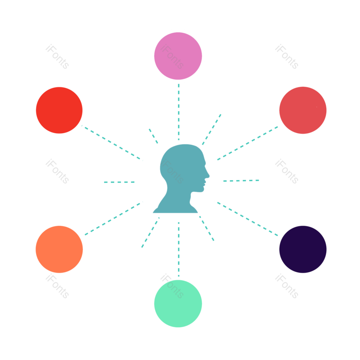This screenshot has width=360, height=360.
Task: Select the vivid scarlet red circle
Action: [x=59, y=110]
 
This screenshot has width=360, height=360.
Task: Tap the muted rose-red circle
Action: [x=302, y=110]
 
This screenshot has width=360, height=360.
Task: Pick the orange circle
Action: [x=59, y=249]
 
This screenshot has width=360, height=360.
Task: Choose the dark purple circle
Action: [x=302, y=249]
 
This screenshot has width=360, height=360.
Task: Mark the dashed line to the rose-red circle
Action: [x=247, y=143]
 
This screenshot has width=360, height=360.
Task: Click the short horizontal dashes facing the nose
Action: [x=241, y=180]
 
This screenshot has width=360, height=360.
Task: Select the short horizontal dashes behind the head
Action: [x=119, y=182]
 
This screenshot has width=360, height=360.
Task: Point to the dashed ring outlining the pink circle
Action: [x=152, y=56]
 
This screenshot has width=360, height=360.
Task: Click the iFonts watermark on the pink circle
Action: [x=172, y=57]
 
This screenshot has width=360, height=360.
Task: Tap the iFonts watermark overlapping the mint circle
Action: [x=172, y=286]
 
